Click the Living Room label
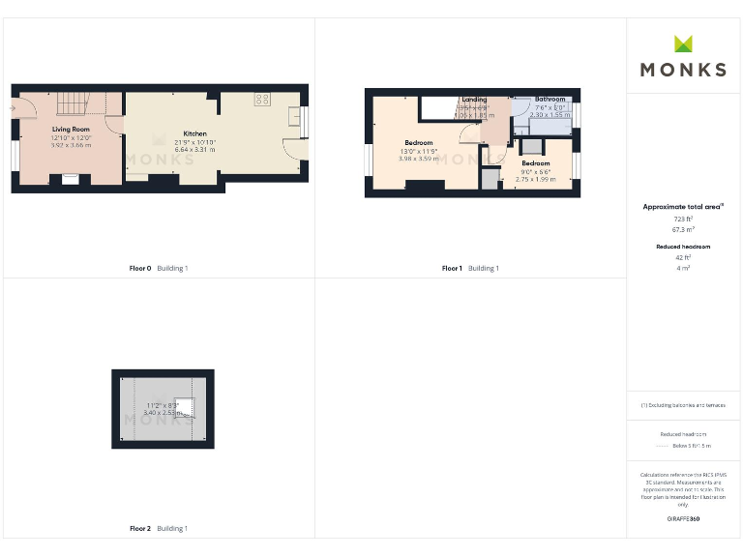[72, 129]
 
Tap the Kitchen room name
[194, 133]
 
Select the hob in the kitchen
[262, 99]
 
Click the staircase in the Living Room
[70, 102]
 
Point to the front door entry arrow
[13, 109]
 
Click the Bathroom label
[550, 99]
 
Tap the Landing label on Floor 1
[474, 100]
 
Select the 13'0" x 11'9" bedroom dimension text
[419, 151]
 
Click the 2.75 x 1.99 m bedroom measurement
[535, 179]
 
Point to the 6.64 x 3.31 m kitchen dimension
[194, 150]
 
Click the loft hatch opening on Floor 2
[188, 408]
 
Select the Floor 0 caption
[140, 268]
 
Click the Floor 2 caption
[140, 529]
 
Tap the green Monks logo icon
[683, 44]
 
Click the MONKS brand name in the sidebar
[683, 70]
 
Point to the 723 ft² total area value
[683, 220]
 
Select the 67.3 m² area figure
[683, 231]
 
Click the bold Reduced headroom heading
[683, 247]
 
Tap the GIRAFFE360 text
[683, 519]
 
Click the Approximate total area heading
[683, 207]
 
